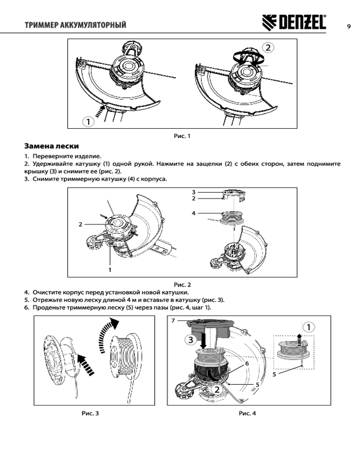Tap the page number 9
coord(349,25)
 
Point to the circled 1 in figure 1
coord(88,121)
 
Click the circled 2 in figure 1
coord(267,47)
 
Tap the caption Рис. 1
coord(182,135)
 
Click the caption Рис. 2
coord(182,284)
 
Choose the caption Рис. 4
coord(247,413)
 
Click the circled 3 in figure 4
coord(191,339)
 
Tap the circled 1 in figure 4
coord(308,327)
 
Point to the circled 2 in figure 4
coord(216,388)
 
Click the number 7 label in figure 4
coord(173,321)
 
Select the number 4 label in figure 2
coord(193,213)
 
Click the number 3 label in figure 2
coord(193,192)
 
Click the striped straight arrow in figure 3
coord(86,364)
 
